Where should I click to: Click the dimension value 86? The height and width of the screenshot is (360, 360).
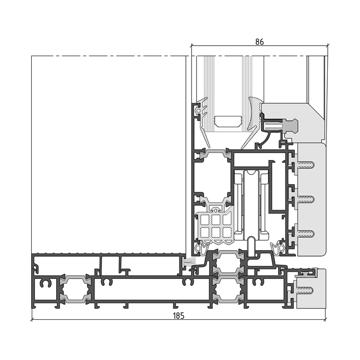click(259, 42)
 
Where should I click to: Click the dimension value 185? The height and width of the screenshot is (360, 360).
click(178, 316)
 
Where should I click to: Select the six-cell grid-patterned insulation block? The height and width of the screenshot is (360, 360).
click(214, 226)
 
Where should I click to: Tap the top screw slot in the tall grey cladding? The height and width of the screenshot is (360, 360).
click(305, 165)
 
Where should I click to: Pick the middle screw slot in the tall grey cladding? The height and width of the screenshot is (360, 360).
click(305, 199)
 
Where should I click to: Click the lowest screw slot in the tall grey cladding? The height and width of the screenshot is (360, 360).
click(305, 233)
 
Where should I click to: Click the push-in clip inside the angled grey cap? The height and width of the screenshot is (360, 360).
click(282, 126)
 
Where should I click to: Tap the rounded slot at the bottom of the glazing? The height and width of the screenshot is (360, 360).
click(228, 121)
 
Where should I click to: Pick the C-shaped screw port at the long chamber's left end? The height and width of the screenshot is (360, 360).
click(107, 282)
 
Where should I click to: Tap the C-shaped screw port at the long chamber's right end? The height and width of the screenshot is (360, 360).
click(188, 282)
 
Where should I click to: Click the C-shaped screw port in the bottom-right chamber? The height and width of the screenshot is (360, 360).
click(258, 282)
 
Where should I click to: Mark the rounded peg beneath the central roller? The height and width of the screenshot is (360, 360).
click(251, 247)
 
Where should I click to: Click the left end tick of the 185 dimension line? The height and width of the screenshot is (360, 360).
click(32, 319)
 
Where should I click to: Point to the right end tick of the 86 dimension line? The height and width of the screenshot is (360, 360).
click(328, 45)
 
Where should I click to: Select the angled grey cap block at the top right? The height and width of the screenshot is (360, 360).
click(293, 122)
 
